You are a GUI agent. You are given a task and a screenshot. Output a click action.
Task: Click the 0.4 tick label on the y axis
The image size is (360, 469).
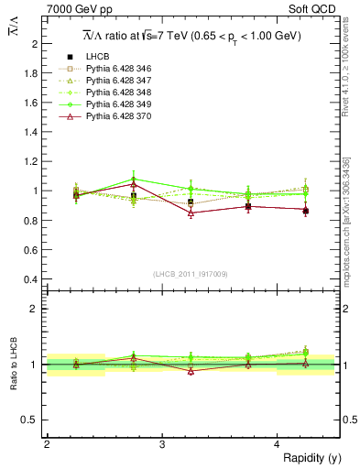[31, 278]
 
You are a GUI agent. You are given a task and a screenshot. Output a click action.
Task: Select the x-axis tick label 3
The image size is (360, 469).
[162, 444]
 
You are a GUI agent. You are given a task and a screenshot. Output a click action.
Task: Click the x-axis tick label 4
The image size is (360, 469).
[278, 444]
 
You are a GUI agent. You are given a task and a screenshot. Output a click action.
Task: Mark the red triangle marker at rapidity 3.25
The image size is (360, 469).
[191, 213]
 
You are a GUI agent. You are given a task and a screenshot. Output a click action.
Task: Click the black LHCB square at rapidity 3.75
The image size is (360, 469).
[248, 206]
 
